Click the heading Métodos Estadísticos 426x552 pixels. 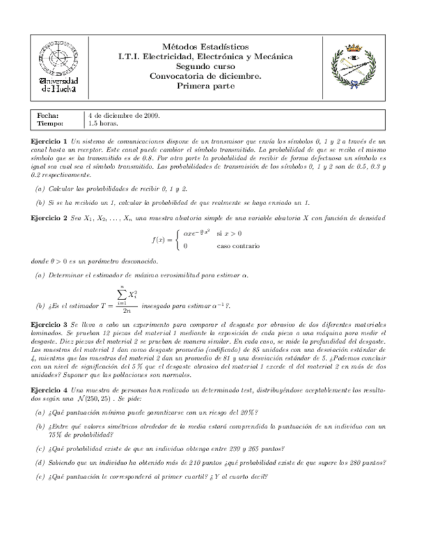pyautogui.click(x=205, y=47)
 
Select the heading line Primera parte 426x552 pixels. pyautogui.click(x=205, y=85)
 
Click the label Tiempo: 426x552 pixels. pyautogui.click(x=50, y=123)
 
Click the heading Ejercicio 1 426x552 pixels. pyautogui.click(x=49, y=141)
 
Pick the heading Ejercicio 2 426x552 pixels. pyautogui.click(x=49, y=218)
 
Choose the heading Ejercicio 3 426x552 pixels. pyautogui.click(x=49, y=324)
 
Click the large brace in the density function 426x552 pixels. pyautogui.click(x=177, y=240)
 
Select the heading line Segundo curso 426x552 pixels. pyautogui.click(x=205, y=66)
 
